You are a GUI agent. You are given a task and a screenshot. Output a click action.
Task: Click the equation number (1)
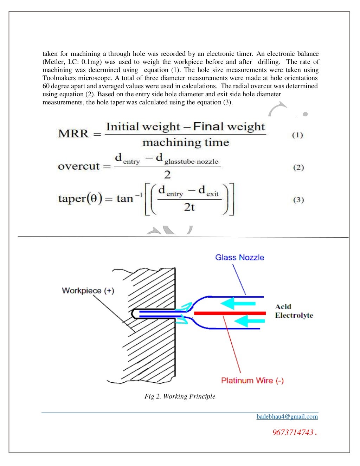pos(297,135)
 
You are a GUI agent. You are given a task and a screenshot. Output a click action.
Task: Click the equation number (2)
pos(298,167)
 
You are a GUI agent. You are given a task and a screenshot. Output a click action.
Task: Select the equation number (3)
pos(298,200)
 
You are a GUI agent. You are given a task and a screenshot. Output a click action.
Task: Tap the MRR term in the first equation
pos(73,134)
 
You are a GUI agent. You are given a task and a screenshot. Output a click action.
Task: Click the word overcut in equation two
pos(79,166)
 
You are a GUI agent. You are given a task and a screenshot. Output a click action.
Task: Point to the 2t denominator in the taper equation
pos(189,207)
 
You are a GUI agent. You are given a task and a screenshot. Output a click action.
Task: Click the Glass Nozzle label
pos(239,258)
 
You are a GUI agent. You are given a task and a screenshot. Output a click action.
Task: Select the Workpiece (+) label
pos(88,291)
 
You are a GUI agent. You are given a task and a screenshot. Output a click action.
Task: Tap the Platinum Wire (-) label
pos(252,381)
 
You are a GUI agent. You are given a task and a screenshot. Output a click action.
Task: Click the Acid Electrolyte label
pos(294,311)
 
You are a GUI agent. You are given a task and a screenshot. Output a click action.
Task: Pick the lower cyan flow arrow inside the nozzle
pos(249,321)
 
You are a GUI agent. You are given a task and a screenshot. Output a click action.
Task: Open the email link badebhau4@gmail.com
pos(287,417)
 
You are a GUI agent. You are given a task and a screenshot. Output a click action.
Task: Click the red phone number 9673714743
pos(293,433)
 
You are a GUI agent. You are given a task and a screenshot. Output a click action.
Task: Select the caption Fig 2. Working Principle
pos(180,396)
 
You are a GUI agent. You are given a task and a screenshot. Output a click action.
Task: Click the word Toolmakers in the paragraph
pos(59,78)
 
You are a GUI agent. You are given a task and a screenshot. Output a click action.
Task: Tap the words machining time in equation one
pos(186,142)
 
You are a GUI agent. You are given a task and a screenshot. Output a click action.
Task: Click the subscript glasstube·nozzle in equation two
pos(191,162)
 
